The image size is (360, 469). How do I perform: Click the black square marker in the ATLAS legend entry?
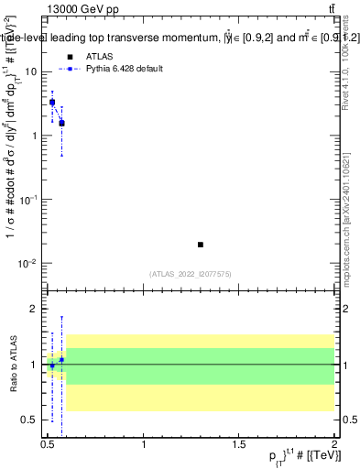70,57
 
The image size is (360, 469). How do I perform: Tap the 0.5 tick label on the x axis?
49,443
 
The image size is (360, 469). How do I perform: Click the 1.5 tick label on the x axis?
238,443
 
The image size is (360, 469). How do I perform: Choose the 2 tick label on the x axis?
333,443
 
